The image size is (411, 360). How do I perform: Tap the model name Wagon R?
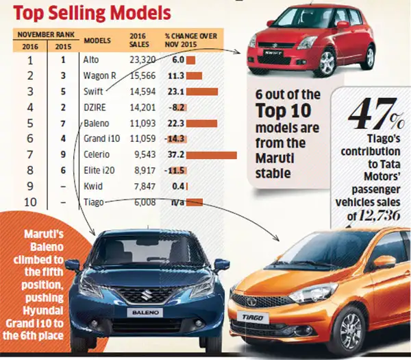(x=97, y=77)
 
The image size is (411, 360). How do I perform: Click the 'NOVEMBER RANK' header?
(x=47, y=34)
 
